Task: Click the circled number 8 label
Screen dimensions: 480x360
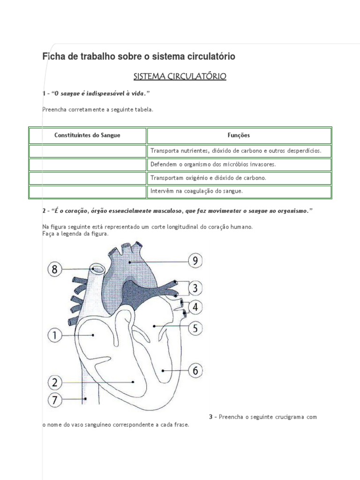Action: point(55,269)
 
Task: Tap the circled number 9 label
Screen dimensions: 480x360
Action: point(195,261)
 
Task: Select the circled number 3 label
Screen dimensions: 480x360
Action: point(195,287)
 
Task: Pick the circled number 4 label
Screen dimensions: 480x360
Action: point(195,307)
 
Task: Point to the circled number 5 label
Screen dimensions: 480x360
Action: point(195,328)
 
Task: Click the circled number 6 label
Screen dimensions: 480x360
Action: point(195,370)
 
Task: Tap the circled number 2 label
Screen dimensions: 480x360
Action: point(55,382)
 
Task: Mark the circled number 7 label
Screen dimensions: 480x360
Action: point(55,400)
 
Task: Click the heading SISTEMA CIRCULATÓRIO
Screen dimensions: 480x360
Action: point(180,76)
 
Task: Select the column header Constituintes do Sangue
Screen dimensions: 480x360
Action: point(88,135)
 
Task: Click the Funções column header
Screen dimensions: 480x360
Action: point(239,135)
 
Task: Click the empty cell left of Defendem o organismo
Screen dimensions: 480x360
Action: point(88,165)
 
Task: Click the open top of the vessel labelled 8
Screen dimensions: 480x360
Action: point(98,269)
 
